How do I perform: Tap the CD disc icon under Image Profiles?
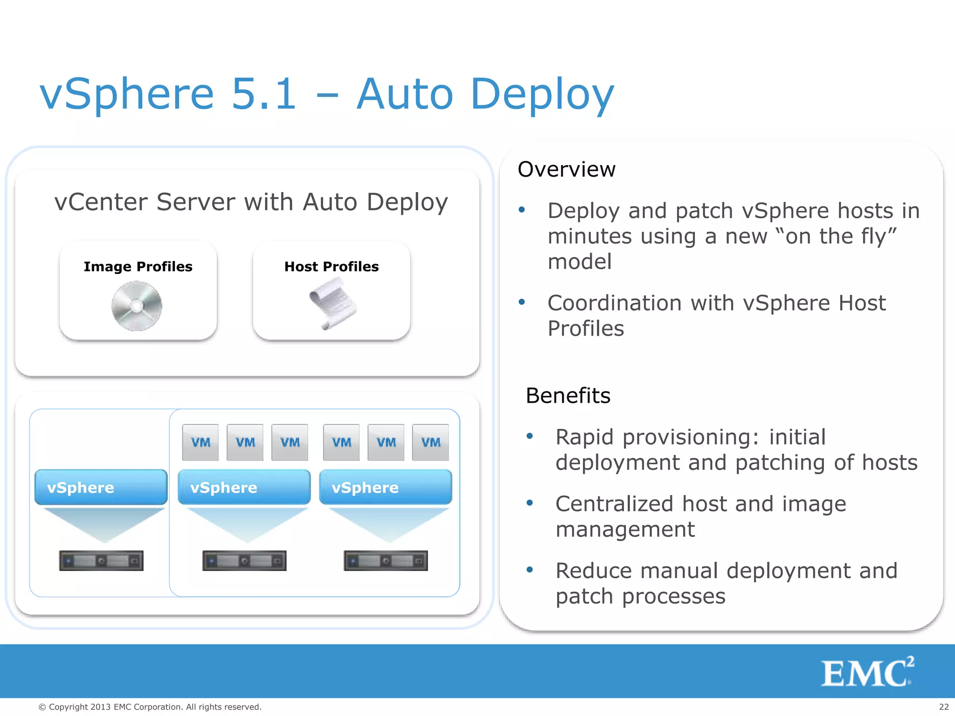coord(137,306)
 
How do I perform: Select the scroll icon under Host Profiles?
coord(332,303)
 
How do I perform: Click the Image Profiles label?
coord(138,267)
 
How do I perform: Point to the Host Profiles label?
coord(332,267)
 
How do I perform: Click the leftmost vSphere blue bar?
coord(101,487)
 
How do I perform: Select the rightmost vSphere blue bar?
coord(385,487)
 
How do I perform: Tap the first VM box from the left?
coord(201,442)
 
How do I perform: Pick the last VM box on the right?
coord(430,442)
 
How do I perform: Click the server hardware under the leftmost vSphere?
coord(101,561)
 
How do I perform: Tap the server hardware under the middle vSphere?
coord(244,561)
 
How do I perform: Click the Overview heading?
coord(567,169)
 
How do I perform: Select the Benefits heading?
coord(568,396)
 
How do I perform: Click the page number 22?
coord(943,707)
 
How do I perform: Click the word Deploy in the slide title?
coord(542,95)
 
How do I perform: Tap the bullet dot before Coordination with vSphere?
coord(522,303)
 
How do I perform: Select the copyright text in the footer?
coord(150,707)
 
